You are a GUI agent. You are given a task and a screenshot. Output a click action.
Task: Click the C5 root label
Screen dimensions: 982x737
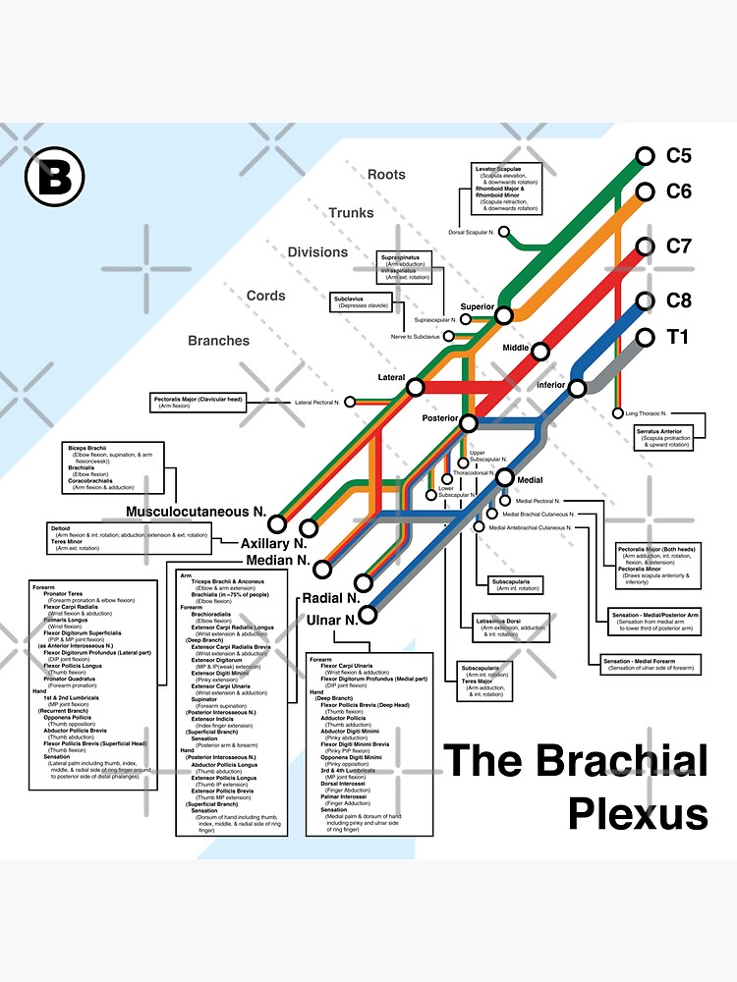point(679,155)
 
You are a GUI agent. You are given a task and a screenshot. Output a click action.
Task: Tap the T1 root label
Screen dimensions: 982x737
point(678,338)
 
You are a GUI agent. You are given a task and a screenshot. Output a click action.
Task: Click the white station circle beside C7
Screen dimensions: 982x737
point(645,245)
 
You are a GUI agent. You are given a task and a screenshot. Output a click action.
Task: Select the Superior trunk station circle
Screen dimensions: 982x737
point(504,315)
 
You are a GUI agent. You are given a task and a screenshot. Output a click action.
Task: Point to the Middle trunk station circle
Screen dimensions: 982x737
point(539,351)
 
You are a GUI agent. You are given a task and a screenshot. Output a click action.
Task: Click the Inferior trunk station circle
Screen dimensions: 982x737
point(577,388)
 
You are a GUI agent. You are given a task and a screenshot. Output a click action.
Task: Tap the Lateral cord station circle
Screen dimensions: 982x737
point(415,388)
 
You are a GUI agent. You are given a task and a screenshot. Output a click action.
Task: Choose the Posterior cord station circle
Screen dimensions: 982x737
point(469,423)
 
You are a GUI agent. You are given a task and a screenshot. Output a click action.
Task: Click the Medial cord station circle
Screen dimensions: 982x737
point(505,478)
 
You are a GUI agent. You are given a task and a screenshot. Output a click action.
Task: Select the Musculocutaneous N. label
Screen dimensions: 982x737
point(197,512)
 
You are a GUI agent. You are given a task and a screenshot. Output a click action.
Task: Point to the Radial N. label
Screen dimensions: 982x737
point(329,597)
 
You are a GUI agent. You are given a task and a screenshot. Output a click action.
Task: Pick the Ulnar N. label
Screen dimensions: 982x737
point(331,621)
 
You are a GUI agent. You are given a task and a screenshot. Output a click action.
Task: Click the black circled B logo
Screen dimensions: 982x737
point(55,177)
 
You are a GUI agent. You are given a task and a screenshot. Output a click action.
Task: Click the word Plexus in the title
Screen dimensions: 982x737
point(639,814)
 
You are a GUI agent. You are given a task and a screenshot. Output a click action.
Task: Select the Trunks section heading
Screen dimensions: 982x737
point(351,213)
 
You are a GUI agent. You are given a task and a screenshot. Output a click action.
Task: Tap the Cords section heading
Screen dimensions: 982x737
point(266,296)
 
